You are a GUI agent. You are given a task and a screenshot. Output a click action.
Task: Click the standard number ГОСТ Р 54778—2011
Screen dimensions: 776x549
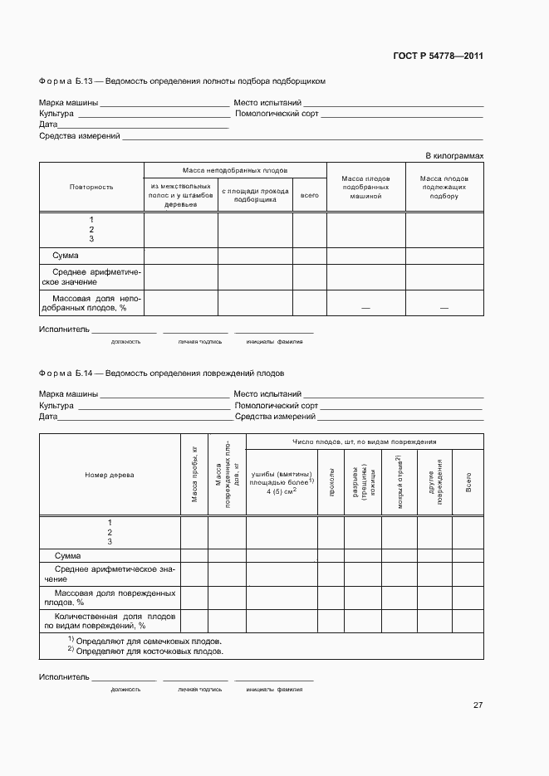(x=438, y=56)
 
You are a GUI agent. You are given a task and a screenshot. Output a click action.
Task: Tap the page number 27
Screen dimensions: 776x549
(x=478, y=705)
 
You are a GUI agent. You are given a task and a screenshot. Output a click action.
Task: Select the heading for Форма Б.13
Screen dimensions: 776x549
(x=182, y=81)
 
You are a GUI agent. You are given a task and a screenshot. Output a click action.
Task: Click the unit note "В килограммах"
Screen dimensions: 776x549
(x=454, y=155)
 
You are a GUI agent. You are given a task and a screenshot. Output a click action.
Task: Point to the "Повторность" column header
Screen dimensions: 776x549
(x=91, y=187)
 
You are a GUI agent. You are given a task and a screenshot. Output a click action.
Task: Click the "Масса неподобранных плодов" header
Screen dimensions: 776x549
(x=235, y=169)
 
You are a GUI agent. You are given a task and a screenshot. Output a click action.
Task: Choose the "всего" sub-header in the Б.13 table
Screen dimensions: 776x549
(x=309, y=195)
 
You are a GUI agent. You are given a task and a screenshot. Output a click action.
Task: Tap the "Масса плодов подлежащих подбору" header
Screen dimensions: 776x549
(x=444, y=188)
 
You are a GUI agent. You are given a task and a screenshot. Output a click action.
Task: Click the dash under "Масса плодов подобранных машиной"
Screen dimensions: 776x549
(x=365, y=308)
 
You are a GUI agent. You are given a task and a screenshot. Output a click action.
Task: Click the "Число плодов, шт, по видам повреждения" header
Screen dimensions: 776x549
(x=365, y=442)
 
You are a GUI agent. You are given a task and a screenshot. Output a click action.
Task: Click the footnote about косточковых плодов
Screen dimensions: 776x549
(x=145, y=652)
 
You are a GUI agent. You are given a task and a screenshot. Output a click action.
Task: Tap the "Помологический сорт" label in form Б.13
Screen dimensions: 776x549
(x=277, y=114)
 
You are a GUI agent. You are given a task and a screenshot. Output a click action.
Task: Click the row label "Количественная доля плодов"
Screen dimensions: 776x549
(x=114, y=617)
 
